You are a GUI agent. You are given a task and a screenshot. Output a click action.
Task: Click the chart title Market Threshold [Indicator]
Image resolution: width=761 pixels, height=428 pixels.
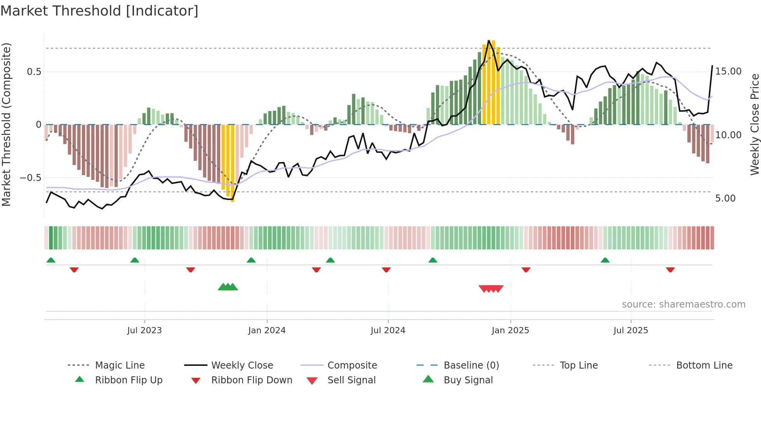pos(99,11)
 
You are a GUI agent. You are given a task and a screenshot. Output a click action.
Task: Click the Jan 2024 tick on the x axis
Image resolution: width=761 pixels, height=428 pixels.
pos(267,331)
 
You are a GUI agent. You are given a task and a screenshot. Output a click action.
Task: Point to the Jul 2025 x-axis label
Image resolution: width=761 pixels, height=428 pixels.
pos(631,331)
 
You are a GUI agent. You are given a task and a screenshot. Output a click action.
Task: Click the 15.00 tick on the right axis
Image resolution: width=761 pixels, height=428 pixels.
pos(728,71)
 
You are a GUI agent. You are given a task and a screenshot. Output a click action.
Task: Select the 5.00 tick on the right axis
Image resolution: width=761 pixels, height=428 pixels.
pos(725,198)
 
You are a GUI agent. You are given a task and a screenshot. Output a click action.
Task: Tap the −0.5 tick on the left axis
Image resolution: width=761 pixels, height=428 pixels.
pos(30,178)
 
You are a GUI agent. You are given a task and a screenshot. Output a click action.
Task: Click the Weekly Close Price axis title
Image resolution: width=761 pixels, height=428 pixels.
pos(754,124)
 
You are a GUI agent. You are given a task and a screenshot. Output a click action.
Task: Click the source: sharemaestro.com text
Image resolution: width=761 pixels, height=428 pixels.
pos(683,304)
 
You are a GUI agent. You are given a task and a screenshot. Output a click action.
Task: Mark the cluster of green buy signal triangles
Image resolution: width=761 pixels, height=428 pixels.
pos(228,287)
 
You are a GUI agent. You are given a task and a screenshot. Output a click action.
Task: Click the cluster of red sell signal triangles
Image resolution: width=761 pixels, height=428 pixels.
pos(491,289)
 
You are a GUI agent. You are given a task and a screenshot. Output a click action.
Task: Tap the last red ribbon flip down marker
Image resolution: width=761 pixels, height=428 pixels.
pos(670,270)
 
